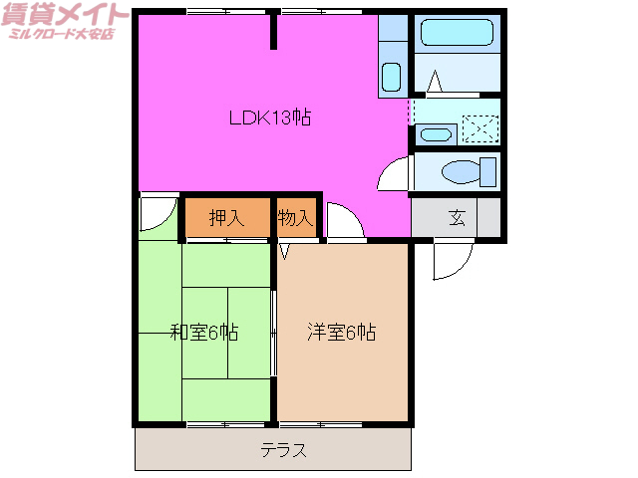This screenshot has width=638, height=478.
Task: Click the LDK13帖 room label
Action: tap(270, 118)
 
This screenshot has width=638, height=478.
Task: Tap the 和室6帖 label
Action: tap(203, 333)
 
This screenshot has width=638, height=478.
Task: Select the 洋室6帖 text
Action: tap(341, 333)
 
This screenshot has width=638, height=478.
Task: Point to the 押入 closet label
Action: tap(226, 218)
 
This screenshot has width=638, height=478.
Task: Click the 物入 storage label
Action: tap(296, 218)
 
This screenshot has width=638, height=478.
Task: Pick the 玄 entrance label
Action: tap(457, 218)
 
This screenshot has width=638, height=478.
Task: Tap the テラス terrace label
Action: tap(283, 450)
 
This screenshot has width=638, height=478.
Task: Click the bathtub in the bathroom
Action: tap(458, 33)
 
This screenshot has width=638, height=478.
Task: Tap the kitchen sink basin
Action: tap(391, 76)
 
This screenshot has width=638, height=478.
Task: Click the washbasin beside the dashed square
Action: tap(436, 133)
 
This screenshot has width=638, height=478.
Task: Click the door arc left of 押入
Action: tap(158, 212)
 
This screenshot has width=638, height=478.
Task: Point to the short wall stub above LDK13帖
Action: tap(273, 33)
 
